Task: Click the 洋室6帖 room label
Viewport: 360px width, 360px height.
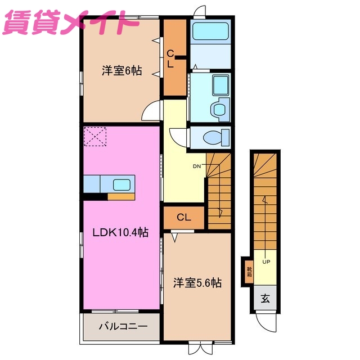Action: (x=121, y=71)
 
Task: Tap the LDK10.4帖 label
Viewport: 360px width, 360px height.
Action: (x=120, y=232)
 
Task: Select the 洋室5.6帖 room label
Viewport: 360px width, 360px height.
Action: (x=196, y=282)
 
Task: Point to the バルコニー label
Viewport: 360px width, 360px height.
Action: (x=123, y=326)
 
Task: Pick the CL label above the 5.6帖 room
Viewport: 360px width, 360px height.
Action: (x=183, y=217)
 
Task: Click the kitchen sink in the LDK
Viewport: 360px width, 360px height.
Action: (x=121, y=184)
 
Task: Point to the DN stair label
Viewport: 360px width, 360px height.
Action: (x=197, y=166)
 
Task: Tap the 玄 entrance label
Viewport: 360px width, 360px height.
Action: (x=265, y=299)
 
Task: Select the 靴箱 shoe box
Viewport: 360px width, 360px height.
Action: (x=249, y=272)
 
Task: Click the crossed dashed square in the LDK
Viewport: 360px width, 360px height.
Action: (x=94, y=137)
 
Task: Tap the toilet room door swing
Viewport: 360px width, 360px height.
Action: (x=179, y=137)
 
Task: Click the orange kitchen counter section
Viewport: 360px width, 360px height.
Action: (x=121, y=196)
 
